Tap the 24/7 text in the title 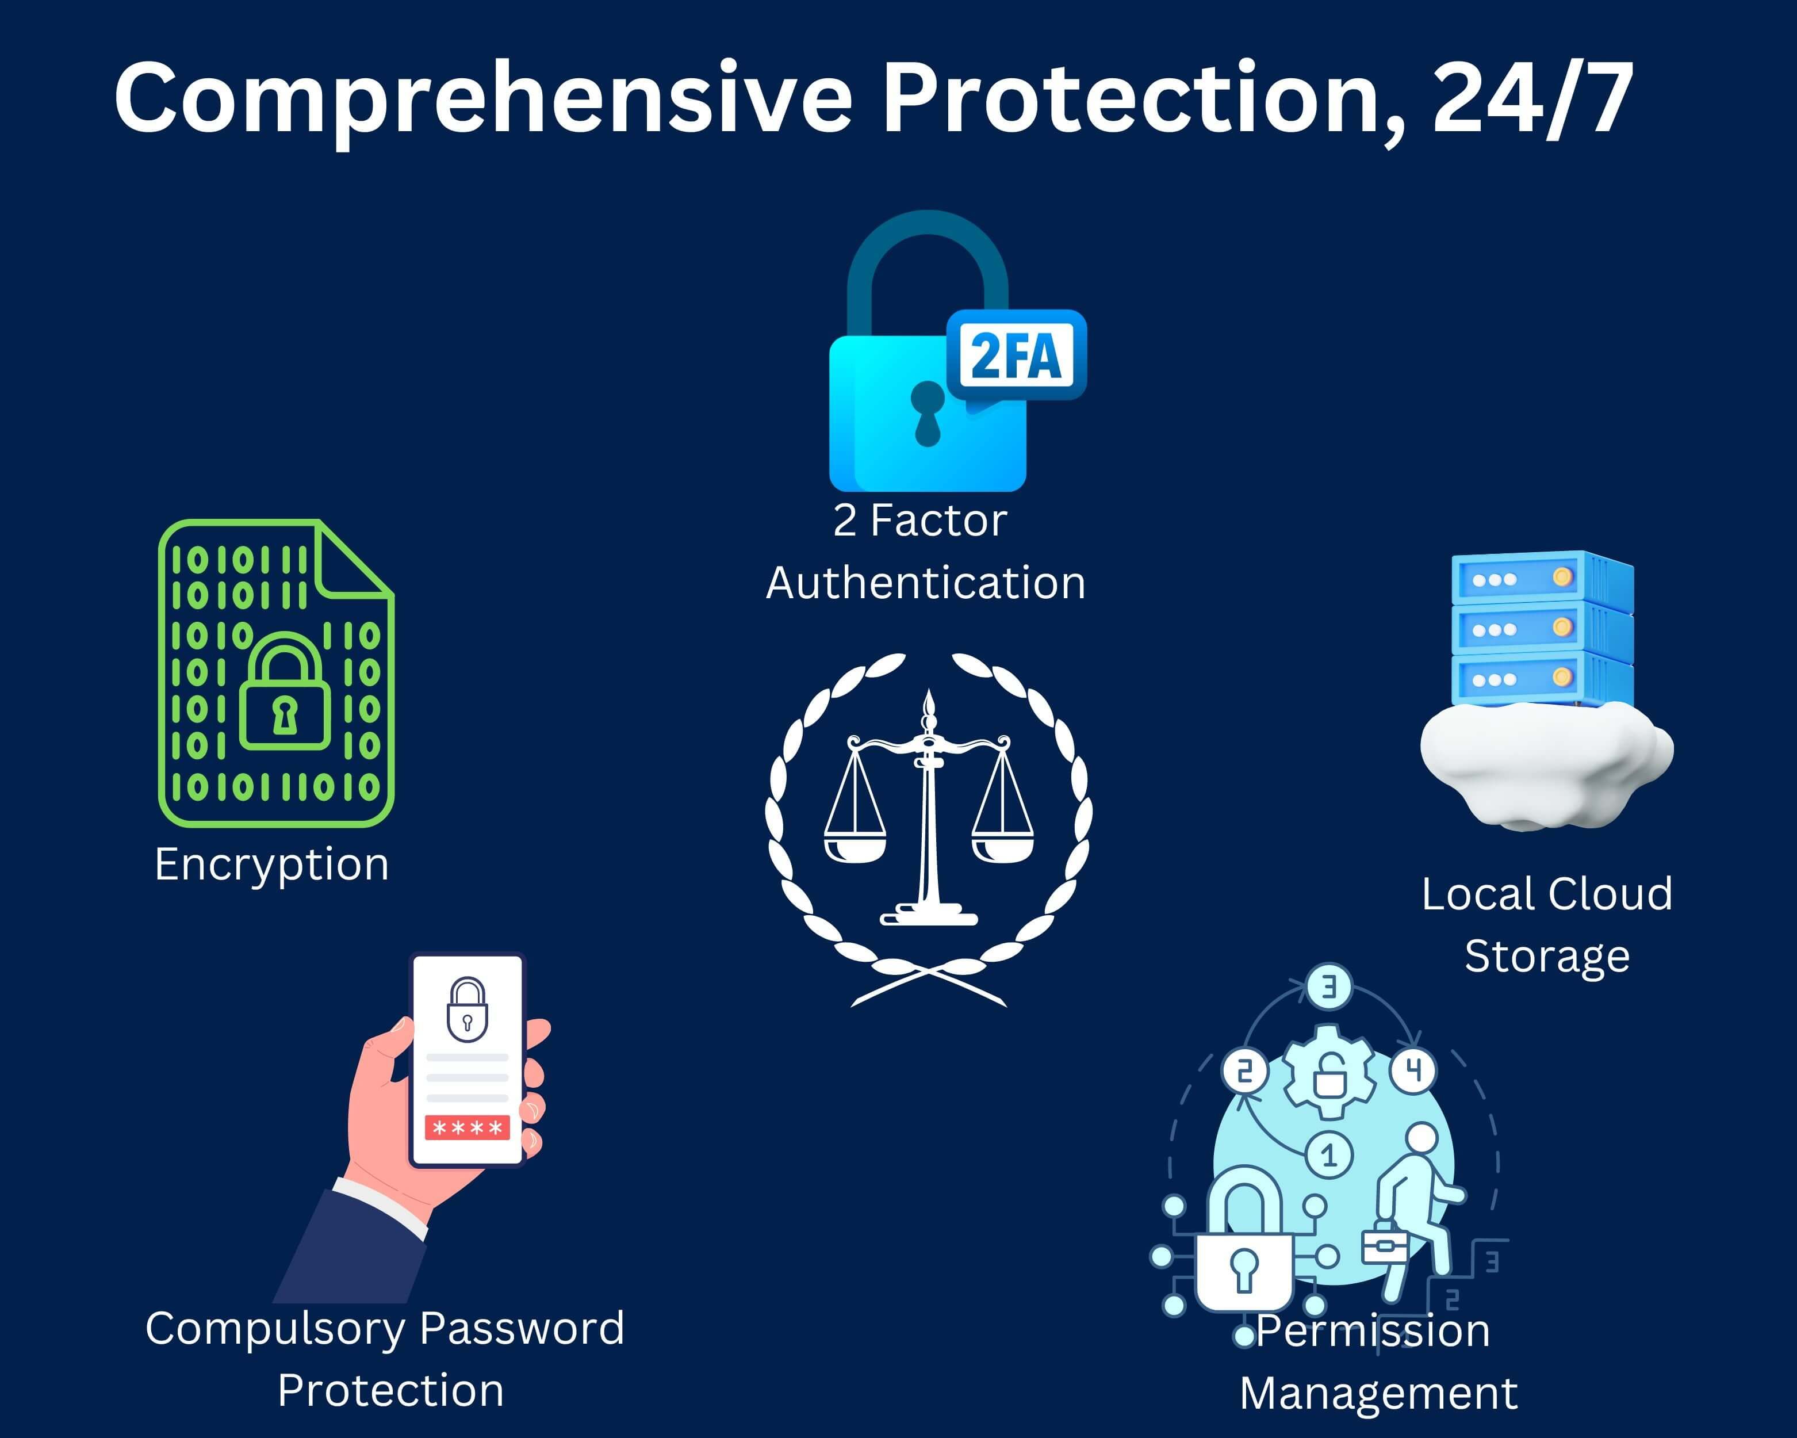(1532, 98)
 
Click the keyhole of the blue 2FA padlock (927, 412)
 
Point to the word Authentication (926, 583)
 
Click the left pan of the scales (855, 848)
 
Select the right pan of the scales (1003, 848)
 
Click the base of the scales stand (929, 917)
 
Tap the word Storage (1547, 956)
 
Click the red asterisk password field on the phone (467, 1128)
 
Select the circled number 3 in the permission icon (1328, 987)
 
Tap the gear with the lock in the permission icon (1328, 1073)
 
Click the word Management (1378, 1393)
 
